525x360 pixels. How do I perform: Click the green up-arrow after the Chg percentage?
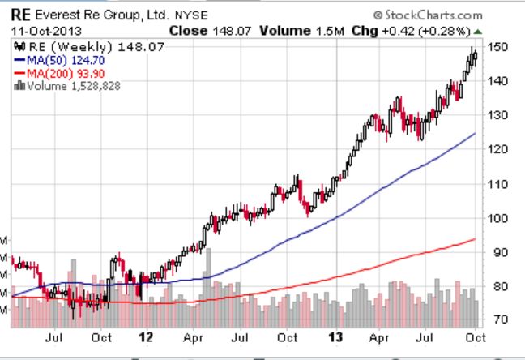pyautogui.click(x=477, y=32)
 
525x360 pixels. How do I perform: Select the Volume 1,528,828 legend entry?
pyautogui.click(x=68, y=84)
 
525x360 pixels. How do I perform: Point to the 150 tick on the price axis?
pyautogui.click(x=497, y=47)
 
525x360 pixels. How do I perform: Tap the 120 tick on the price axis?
pyautogui.click(x=497, y=149)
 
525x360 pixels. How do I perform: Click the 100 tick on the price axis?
pyautogui.click(x=497, y=218)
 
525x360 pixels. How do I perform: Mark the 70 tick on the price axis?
pyautogui.click(x=497, y=320)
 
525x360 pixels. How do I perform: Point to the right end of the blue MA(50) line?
pyautogui.click(x=474, y=133)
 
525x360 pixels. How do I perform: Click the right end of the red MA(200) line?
pyautogui.click(x=474, y=239)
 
